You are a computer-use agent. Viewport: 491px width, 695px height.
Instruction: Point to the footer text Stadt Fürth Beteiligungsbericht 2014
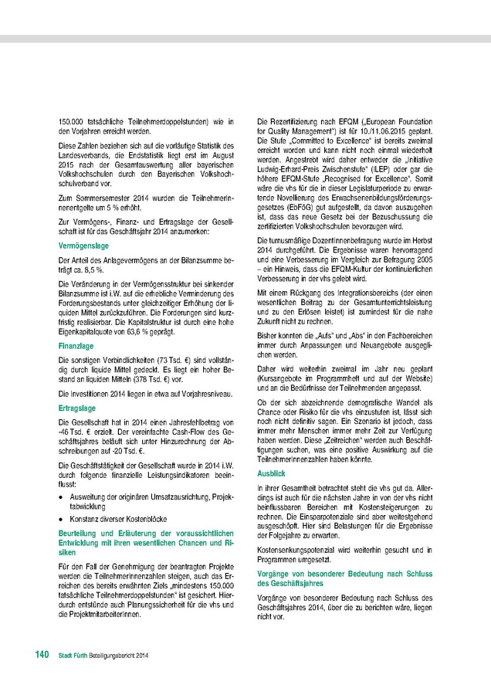coord(102,656)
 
